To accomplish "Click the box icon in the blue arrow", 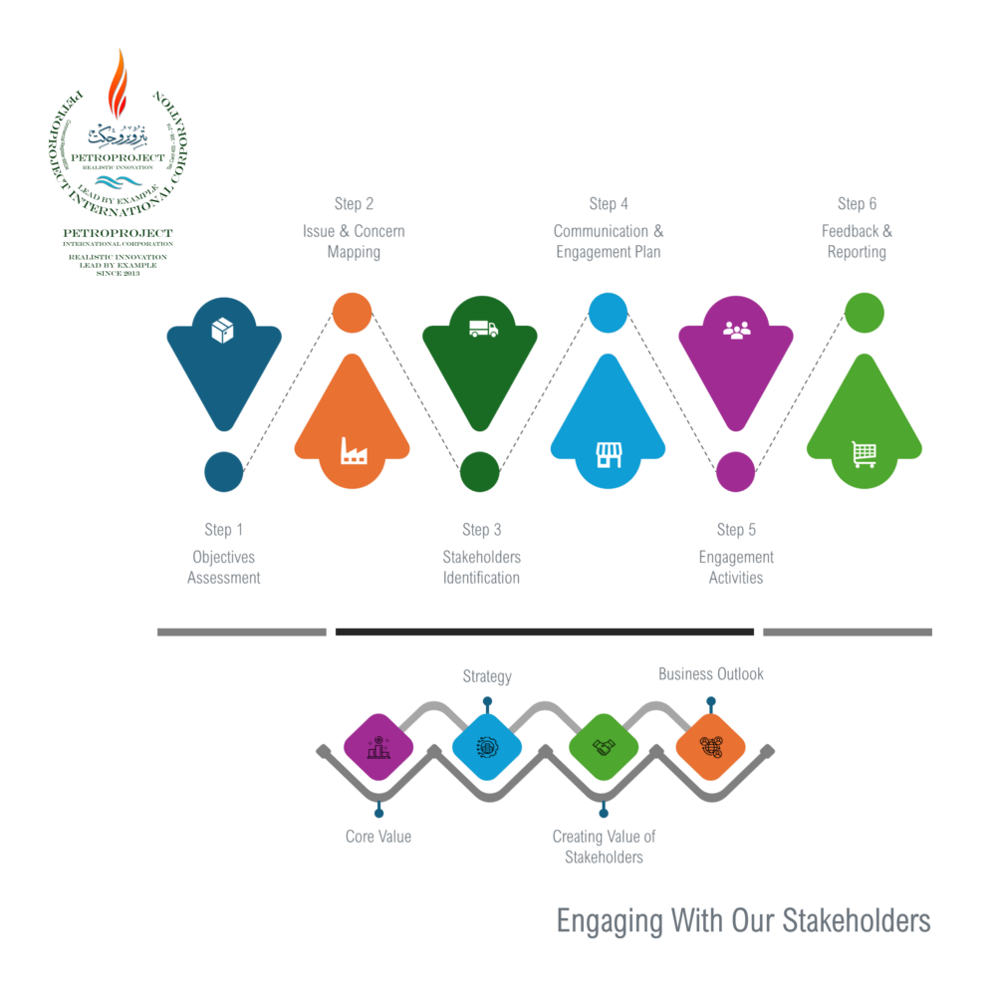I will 223,331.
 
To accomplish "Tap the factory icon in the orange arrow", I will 353,451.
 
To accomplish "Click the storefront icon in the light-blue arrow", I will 609,454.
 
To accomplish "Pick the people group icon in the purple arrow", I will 736,329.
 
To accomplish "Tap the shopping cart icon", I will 865,454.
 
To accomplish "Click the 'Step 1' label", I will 223,530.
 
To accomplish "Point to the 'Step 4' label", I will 608,204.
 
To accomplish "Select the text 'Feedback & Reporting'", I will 857,241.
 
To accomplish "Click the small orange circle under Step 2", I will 352,312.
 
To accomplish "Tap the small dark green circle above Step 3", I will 479,471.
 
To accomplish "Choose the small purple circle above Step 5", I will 736,471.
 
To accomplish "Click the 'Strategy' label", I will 487,677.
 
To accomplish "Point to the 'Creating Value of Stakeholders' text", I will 604,847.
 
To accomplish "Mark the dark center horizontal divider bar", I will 544,631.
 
